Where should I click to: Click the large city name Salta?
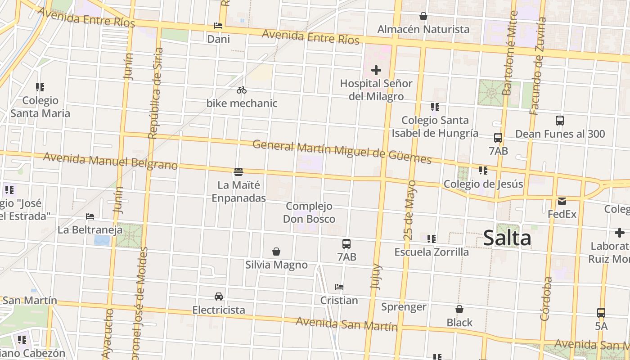(507, 238)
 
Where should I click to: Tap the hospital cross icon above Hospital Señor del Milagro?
(376, 70)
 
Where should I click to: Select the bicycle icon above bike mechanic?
(242, 90)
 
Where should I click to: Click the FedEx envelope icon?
(562, 201)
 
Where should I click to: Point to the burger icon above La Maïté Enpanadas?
(238, 171)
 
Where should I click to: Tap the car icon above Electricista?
(219, 296)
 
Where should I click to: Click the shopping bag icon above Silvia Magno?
(276, 252)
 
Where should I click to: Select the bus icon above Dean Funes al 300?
(560, 121)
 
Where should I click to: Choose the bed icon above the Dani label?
(218, 26)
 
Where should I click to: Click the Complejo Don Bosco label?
(309, 212)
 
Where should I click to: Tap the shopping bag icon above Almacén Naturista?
(423, 16)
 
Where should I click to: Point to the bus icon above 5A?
(601, 312)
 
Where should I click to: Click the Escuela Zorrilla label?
(432, 252)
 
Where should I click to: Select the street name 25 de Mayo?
(410, 209)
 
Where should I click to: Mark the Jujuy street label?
(377, 276)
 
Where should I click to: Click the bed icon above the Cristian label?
(339, 287)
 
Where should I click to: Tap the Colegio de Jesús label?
(483, 184)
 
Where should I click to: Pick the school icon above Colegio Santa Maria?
(40, 87)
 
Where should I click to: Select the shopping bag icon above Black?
(459, 309)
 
